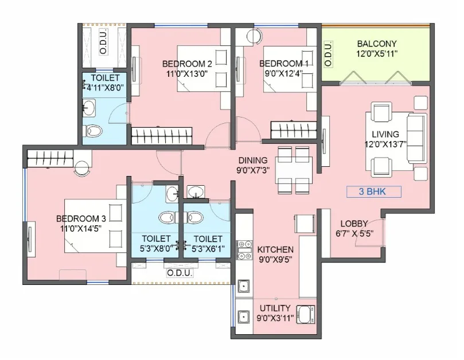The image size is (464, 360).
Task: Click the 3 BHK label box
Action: click(374, 191)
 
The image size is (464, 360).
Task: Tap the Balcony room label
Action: click(376, 44)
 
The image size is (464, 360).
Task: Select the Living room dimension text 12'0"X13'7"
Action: click(386, 144)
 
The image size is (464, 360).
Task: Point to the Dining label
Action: click(253, 161)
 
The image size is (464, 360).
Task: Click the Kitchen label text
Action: click(275, 250)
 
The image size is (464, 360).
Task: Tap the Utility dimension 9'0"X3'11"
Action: click(275, 318)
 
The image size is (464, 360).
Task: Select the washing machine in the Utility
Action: click(305, 315)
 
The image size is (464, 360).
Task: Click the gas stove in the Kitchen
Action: click(245, 250)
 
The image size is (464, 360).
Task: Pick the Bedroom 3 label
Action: click(81, 218)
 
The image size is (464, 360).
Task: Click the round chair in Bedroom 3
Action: click(82, 169)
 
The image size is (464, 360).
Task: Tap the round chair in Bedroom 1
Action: click(254, 36)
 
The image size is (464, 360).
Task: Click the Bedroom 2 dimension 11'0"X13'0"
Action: click(187, 73)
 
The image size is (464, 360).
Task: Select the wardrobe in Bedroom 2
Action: click(162, 136)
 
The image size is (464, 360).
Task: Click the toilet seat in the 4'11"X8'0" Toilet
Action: click(93, 131)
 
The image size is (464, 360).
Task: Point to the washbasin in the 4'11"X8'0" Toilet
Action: click(89, 108)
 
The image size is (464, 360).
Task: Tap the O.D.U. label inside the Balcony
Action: click(328, 53)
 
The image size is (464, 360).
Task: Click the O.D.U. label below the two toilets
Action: click(180, 273)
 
